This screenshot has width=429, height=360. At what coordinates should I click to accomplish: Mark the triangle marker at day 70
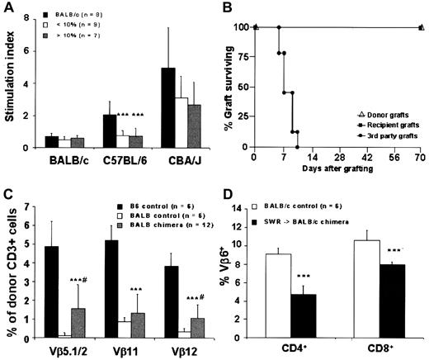pos(421,27)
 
